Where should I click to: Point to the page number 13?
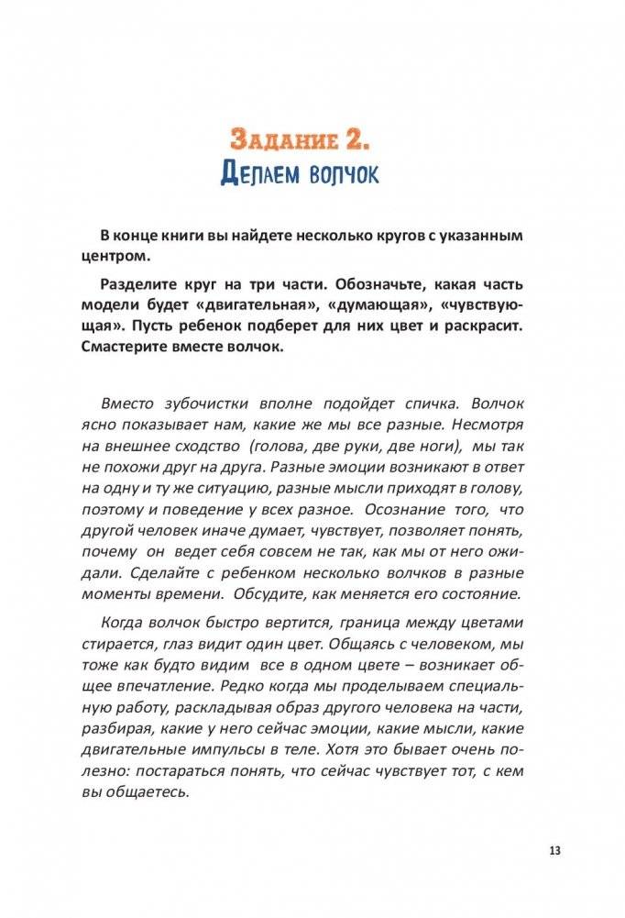point(554,850)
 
